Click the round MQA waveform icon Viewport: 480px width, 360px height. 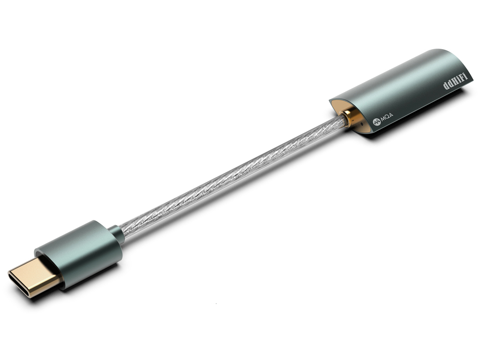[x=376, y=121]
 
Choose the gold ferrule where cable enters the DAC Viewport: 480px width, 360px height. [x=349, y=116]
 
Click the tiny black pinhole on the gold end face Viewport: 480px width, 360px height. [x=359, y=123]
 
